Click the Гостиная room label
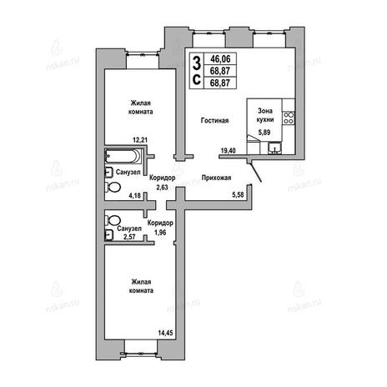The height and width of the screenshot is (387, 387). [214, 121]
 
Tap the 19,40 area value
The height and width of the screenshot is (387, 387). [228, 151]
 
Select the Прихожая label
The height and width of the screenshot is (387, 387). [216, 178]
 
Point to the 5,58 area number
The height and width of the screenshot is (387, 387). [238, 194]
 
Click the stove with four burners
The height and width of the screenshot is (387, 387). [289, 118]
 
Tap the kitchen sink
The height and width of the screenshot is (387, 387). [275, 148]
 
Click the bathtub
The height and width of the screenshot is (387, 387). [124, 156]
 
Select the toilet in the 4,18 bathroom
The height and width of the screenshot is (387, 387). [113, 187]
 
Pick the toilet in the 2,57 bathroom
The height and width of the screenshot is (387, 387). [113, 221]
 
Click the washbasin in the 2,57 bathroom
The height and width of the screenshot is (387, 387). [109, 235]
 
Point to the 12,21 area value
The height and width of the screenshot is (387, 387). [140, 140]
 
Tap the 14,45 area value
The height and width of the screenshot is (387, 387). [165, 333]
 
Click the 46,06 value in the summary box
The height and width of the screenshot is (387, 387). [220, 59]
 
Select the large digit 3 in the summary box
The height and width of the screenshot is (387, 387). [197, 63]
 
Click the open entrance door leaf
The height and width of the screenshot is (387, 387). [255, 172]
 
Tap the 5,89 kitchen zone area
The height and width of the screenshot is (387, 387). [264, 133]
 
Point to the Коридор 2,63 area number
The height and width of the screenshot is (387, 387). [162, 188]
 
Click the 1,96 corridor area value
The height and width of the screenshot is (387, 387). [160, 232]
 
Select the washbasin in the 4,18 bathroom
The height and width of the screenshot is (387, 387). [108, 173]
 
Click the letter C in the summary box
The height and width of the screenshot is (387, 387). [197, 79]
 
